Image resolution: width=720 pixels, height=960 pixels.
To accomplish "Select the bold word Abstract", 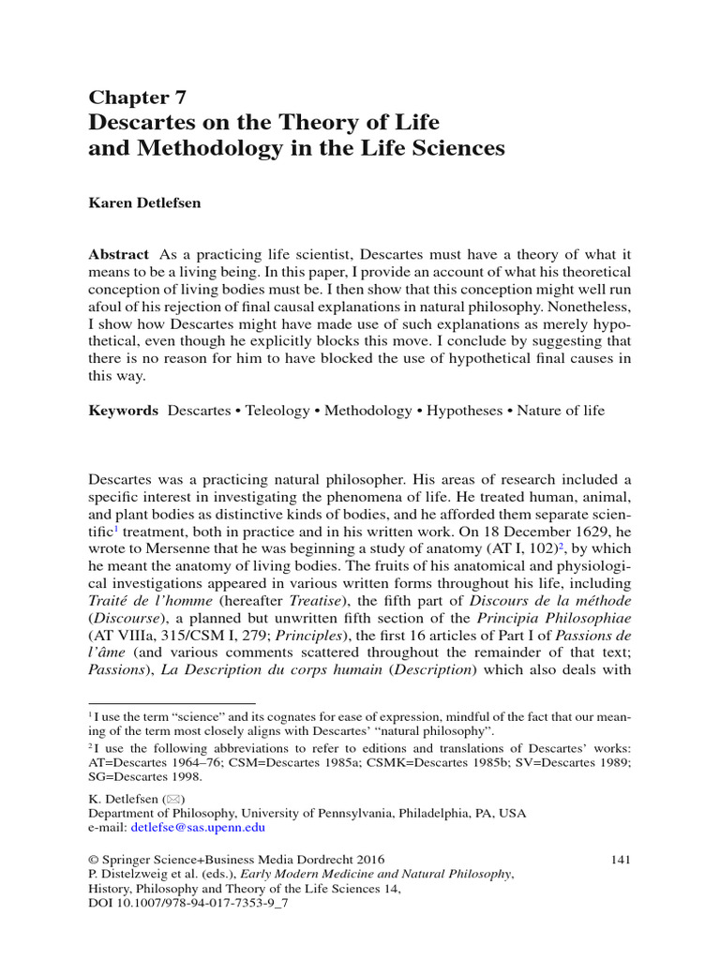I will [118, 255].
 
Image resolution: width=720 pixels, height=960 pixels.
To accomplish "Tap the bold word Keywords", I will [124, 411].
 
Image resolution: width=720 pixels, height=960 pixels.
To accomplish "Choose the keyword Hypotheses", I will [465, 411].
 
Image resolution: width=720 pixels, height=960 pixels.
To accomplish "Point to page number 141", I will [620, 859].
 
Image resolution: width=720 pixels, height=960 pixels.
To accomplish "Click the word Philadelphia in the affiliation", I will [441, 814].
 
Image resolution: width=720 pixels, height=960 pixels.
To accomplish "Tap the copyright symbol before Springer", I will [94, 859].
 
